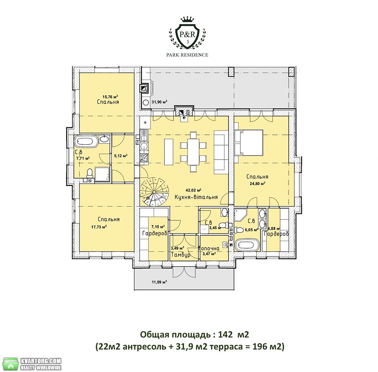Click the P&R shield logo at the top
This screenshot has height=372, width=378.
[x=187, y=32]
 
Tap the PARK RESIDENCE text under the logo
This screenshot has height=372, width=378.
[x=187, y=55]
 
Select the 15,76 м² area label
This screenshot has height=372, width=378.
[x=110, y=97]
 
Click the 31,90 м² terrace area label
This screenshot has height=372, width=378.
[x=159, y=102]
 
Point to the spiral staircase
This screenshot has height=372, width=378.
[x=155, y=192]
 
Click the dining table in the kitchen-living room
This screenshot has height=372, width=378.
[x=193, y=152]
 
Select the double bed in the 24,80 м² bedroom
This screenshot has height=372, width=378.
[x=249, y=142]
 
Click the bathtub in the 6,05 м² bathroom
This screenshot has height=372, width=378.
[x=247, y=245]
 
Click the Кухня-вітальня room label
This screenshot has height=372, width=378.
[x=196, y=197]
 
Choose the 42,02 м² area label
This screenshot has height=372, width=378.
[x=193, y=190]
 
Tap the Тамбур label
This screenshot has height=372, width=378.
[x=180, y=255]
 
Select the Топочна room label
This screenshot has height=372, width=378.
[x=209, y=249]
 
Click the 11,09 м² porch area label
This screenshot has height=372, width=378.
[x=159, y=282]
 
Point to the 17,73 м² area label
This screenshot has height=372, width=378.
[x=99, y=227]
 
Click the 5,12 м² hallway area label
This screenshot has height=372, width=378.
[x=121, y=156]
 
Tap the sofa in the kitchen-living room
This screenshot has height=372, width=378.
[x=221, y=152]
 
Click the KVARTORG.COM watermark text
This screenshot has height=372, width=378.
[x=41, y=361]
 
